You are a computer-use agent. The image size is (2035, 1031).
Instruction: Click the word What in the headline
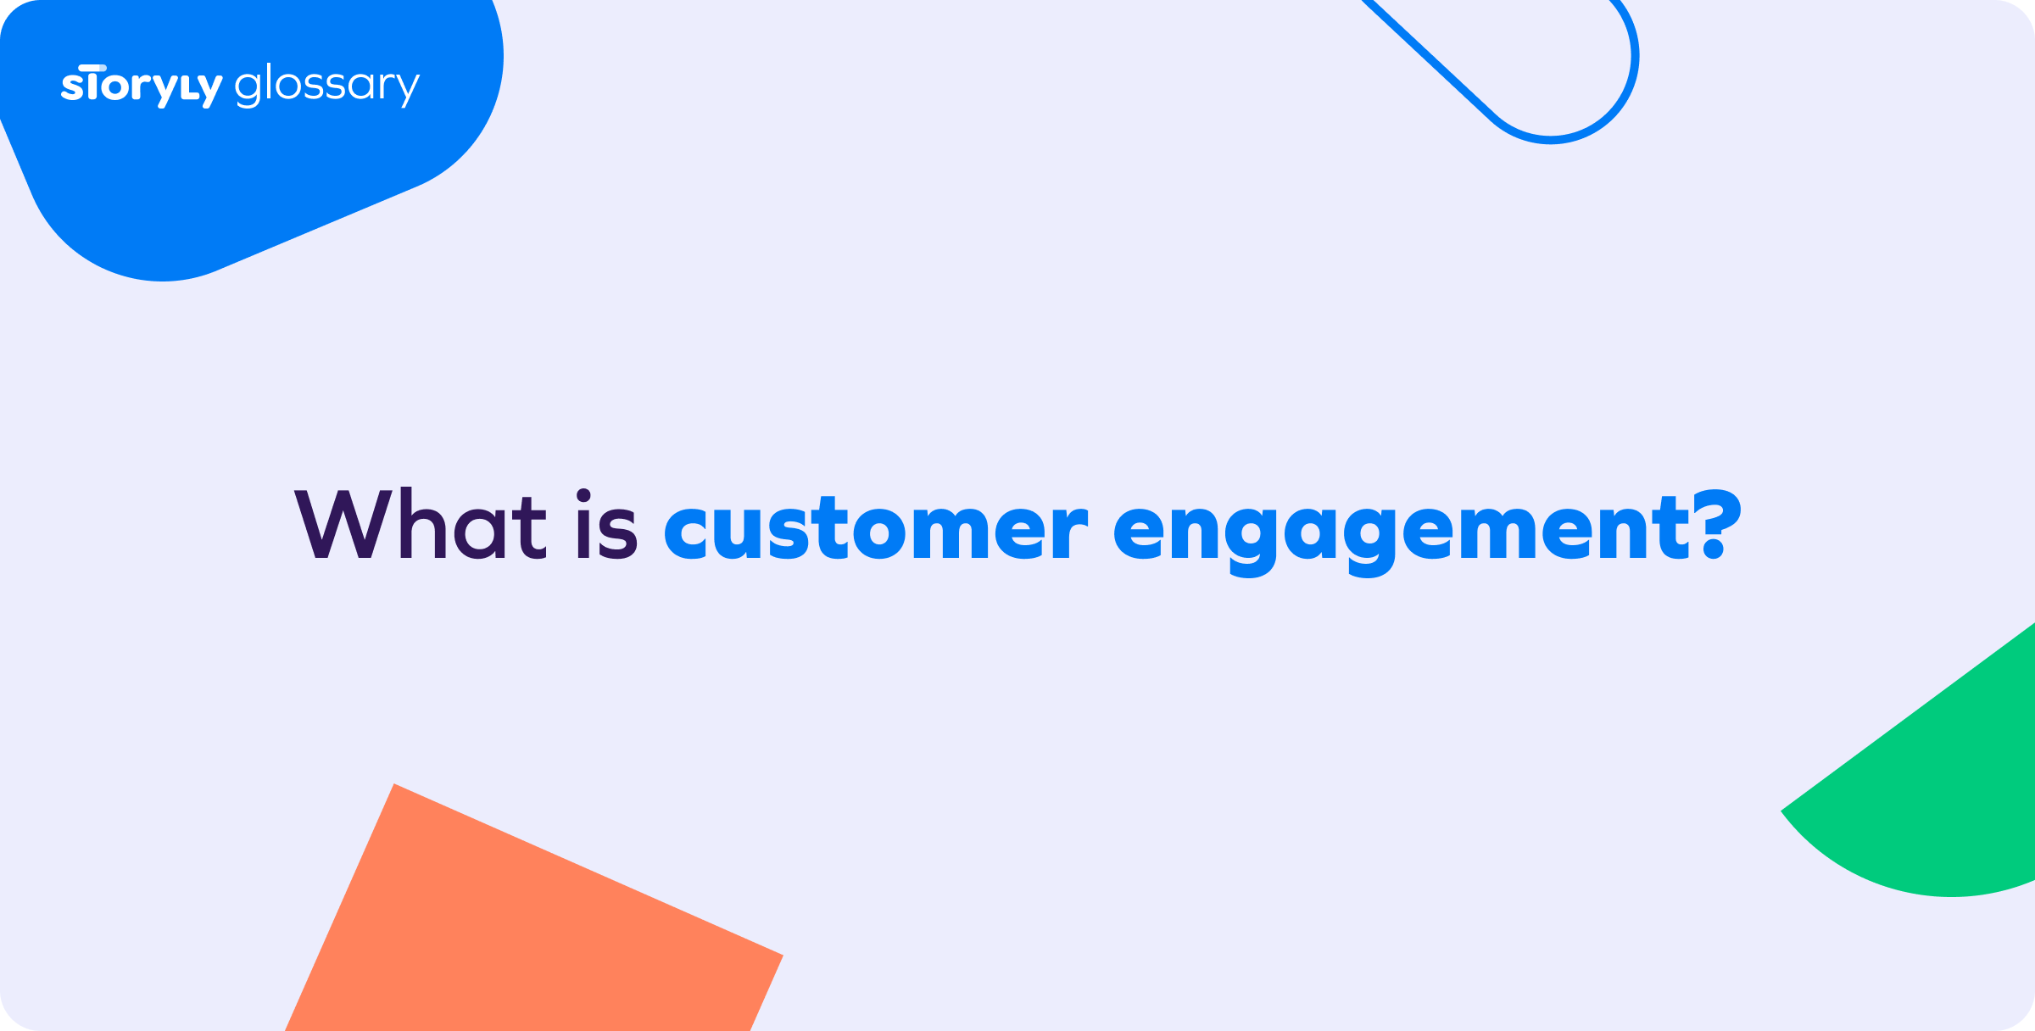pyautogui.click(x=421, y=526)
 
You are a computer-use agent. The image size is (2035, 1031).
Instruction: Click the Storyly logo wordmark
pyautogui.click(x=141, y=86)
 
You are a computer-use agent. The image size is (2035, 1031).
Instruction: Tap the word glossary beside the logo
pyautogui.click(x=326, y=86)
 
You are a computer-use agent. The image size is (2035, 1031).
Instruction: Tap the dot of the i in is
pyautogui.click(x=583, y=495)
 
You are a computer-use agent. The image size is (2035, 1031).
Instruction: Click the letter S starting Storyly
pyautogui.click(x=72, y=88)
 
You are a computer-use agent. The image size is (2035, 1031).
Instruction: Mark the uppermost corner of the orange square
pyautogui.click(x=395, y=785)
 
